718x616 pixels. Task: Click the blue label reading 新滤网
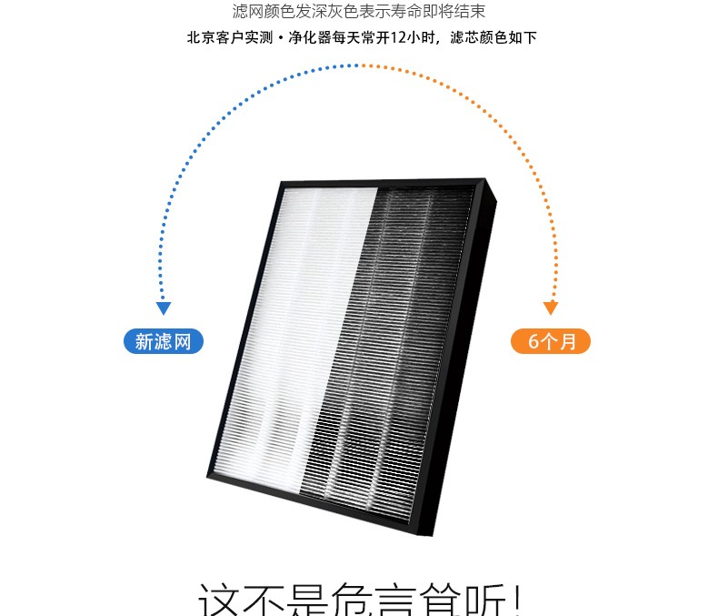click(164, 342)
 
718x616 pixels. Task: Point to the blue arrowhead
click(164, 308)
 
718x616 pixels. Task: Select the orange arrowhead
click(551, 308)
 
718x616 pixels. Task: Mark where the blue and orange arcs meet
click(359, 66)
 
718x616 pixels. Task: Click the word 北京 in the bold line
click(199, 39)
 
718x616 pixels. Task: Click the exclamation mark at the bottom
click(516, 601)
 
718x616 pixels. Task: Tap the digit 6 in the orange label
click(534, 342)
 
